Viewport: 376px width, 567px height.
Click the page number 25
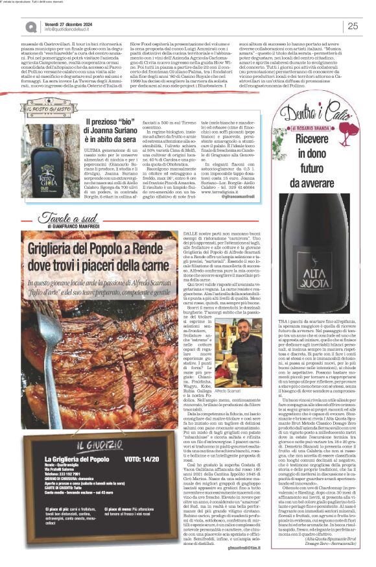pos(353,25)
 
